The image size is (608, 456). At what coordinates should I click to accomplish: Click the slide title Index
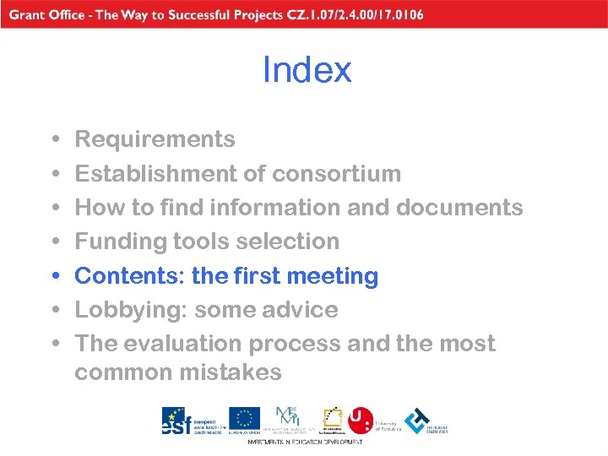pyautogui.click(x=307, y=70)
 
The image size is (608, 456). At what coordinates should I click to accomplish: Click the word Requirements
pyautogui.click(x=155, y=138)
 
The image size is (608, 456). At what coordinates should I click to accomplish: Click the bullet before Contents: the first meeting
pyautogui.click(x=54, y=276)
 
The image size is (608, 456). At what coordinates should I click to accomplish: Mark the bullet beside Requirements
pyautogui.click(x=54, y=139)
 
